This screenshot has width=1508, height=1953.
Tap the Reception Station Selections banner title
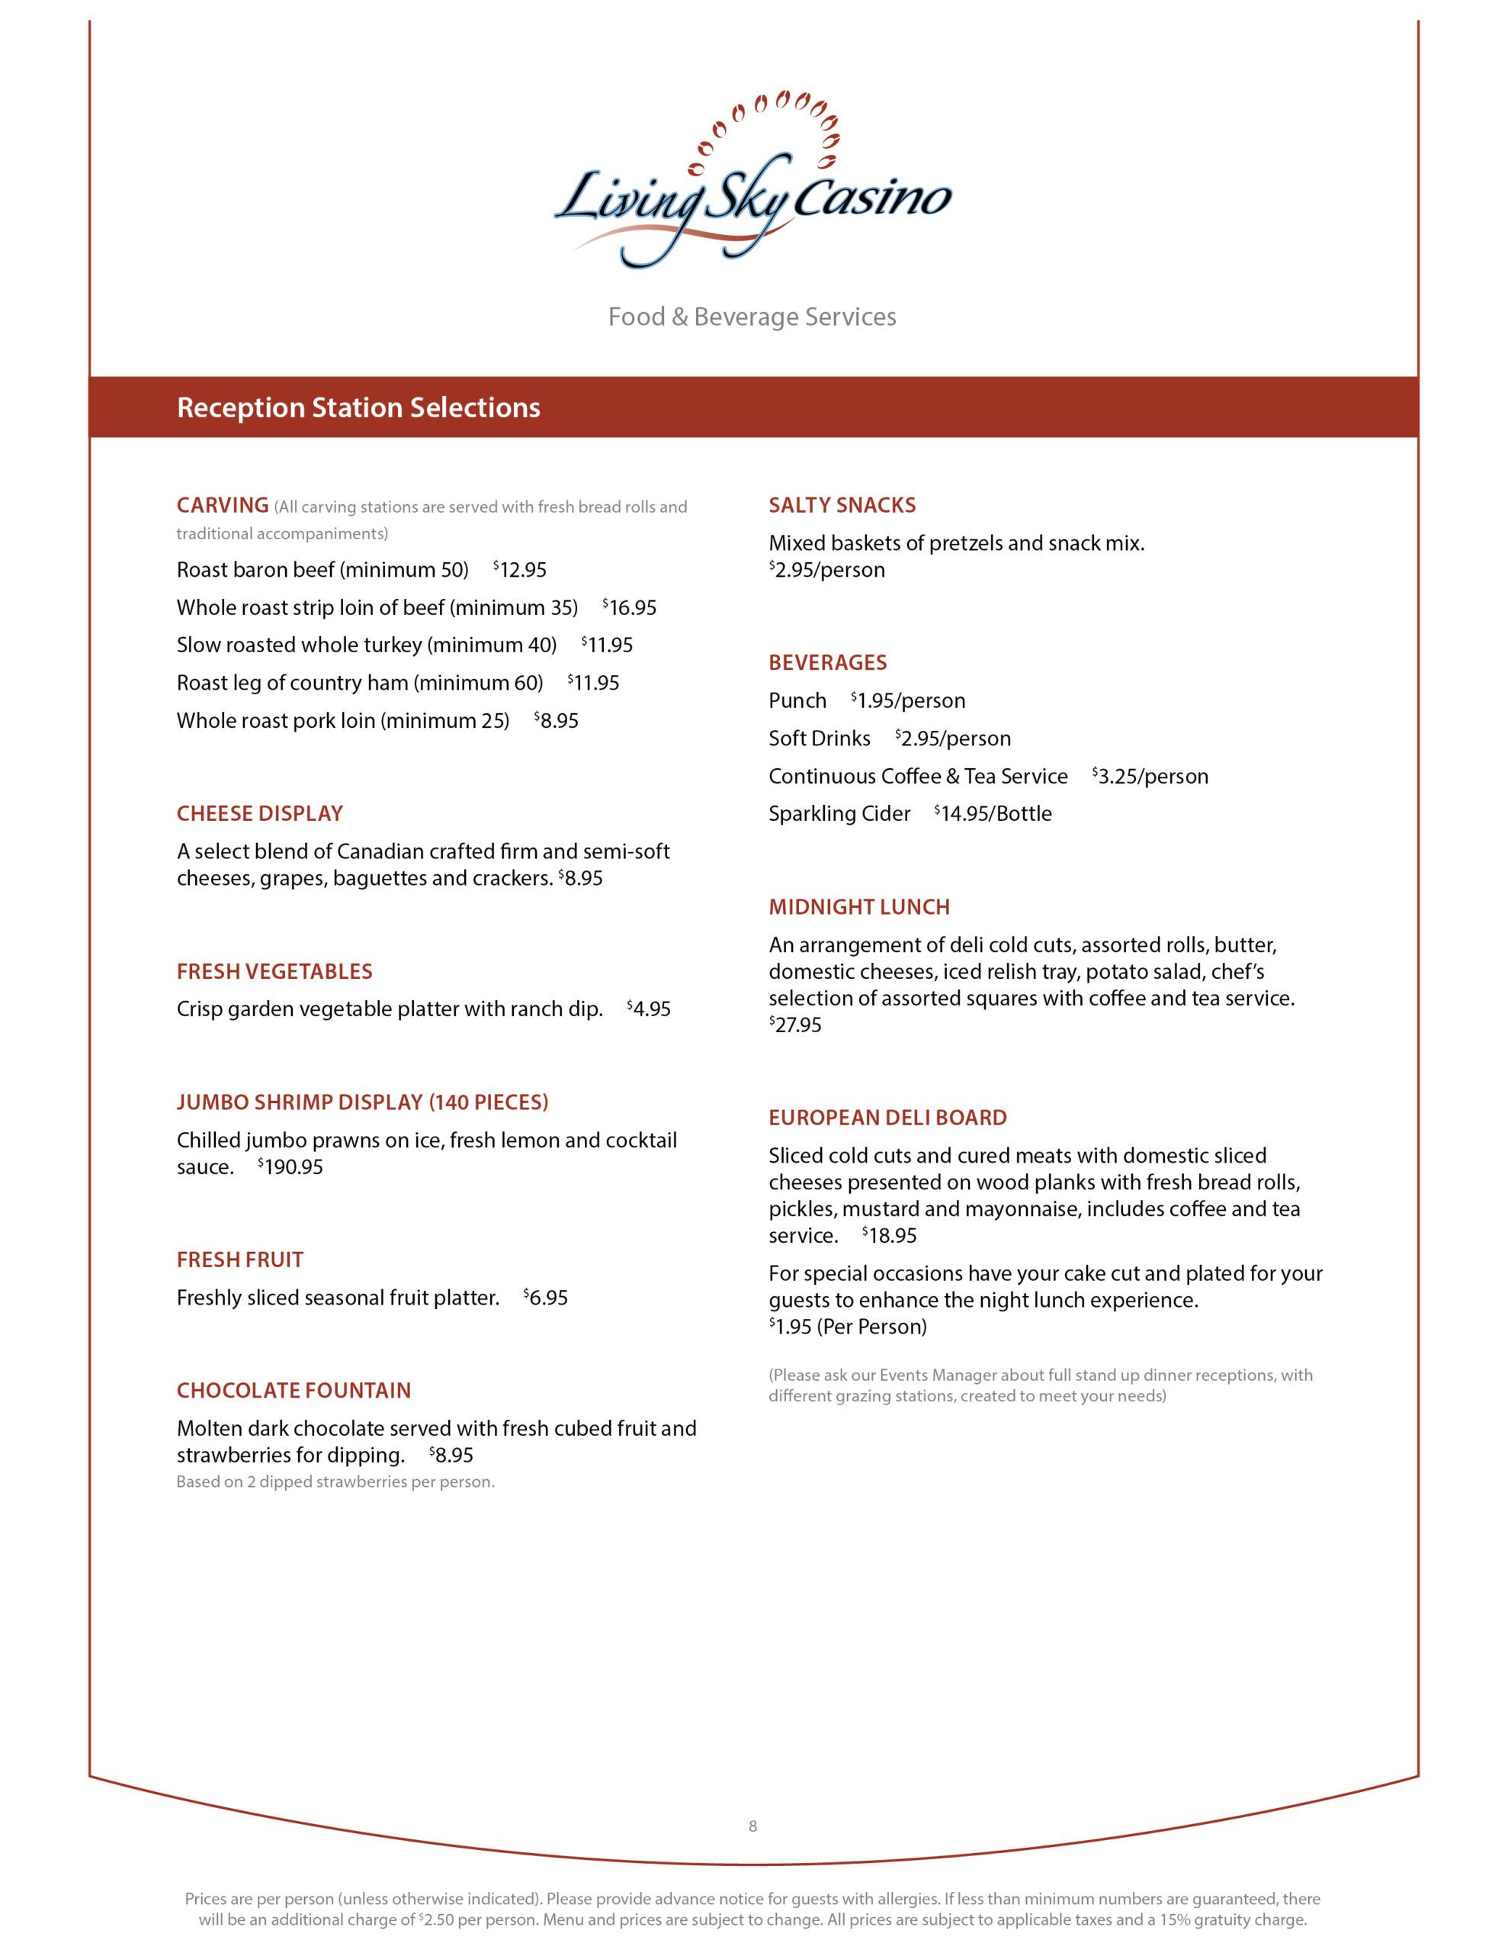click(358, 408)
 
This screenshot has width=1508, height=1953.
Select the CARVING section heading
click(223, 505)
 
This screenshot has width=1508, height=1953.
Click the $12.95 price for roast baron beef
click(520, 571)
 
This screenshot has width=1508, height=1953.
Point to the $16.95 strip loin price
click(630, 608)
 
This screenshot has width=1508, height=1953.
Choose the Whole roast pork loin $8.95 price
click(557, 721)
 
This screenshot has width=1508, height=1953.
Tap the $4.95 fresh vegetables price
click(649, 1009)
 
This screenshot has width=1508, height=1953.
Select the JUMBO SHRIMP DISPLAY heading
click(362, 1102)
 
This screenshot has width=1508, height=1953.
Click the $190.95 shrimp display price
click(290, 1168)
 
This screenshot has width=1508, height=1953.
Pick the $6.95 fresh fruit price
click(546, 1298)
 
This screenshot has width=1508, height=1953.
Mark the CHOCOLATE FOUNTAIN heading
click(294, 1391)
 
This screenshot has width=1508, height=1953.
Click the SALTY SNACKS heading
click(842, 505)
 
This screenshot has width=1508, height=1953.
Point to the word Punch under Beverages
click(797, 701)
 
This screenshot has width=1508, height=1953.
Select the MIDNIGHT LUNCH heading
click(859, 908)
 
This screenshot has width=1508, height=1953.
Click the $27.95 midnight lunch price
click(796, 1025)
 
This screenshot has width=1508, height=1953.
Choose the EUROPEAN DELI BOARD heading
click(887, 1118)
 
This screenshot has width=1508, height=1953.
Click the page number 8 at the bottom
click(752, 1826)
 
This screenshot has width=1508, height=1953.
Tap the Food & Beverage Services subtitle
click(752, 317)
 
